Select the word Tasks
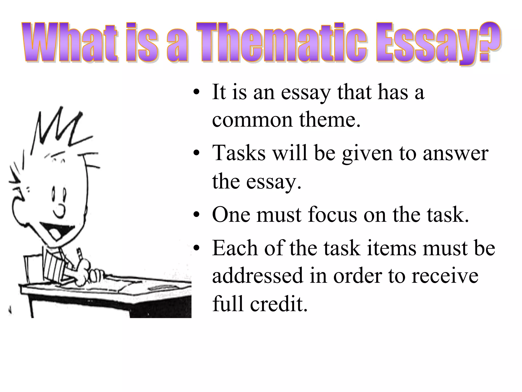(239, 153)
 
